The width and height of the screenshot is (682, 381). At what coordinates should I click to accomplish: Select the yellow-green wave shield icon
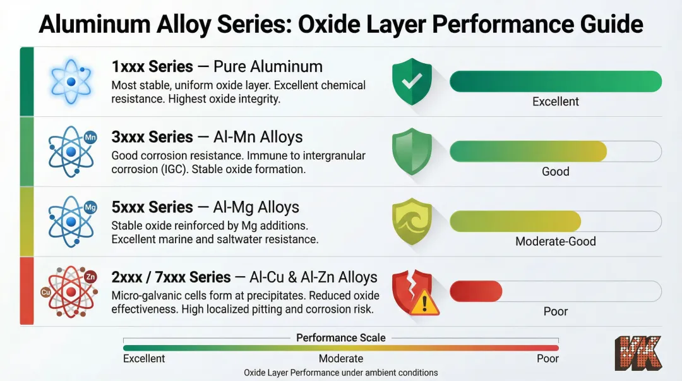tap(412, 221)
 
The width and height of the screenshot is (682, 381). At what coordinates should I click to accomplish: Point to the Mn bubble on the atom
tap(90, 137)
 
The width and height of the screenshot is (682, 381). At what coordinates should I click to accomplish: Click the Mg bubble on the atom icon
tap(90, 207)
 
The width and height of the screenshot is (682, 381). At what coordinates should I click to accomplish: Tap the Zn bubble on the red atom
tap(90, 277)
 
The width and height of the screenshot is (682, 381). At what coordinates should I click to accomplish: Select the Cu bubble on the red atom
tap(45, 293)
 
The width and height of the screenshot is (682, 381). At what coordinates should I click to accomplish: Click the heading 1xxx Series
tap(152, 66)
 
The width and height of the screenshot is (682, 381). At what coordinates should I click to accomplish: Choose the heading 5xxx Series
tap(152, 207)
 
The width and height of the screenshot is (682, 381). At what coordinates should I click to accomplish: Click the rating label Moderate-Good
tap(556, 241)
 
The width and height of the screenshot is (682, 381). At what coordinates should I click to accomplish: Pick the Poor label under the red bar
tap(556, 311)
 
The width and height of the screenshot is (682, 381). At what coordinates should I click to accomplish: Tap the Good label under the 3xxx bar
tap(556, 171)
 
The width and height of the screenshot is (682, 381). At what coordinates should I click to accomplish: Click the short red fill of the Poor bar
tap(476, 291)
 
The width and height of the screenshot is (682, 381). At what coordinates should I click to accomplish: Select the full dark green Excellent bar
tap(556, 82)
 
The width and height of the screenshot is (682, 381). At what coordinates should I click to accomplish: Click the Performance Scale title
tap(341, 337)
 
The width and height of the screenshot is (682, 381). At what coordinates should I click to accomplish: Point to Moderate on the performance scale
tap(341, 359)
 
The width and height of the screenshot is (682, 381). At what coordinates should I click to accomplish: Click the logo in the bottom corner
tap(638, 353)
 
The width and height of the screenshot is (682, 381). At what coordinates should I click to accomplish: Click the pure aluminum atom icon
tap(71, 82)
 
